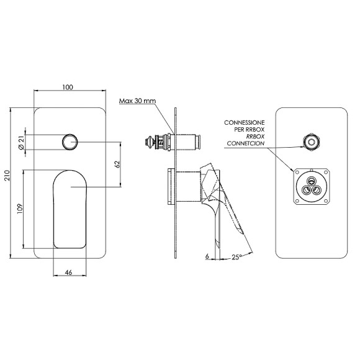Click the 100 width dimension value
point(68,88)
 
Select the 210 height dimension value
point(7,176)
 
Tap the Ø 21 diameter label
point(21,143)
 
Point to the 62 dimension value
point(117,164)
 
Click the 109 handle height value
point(20,209)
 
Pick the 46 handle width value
point(69,272)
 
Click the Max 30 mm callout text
point(137,101)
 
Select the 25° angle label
point(236,257)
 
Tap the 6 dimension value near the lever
point(207,256)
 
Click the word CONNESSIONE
point(245,123)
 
